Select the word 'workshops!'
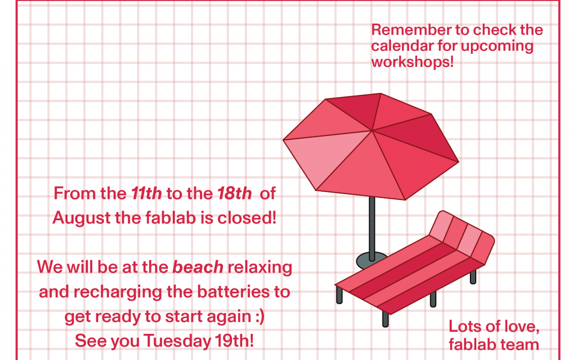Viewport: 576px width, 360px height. point(412,62)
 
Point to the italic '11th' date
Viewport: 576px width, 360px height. point(147,193)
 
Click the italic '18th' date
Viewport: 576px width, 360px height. point(234,193)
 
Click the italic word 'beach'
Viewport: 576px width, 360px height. point(198,267)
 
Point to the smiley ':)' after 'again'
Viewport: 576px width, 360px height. point(260,317)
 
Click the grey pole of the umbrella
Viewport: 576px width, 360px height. point(372,228)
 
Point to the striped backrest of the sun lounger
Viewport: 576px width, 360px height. point(462,237)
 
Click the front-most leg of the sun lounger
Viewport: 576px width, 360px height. point(386,319)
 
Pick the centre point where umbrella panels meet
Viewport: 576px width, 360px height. point(372,131)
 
